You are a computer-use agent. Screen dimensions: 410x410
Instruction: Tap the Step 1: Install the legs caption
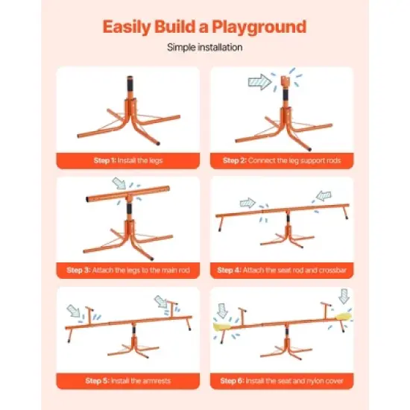[x=128, y=160]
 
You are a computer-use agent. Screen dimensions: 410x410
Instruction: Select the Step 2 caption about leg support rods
[x=282, y=160]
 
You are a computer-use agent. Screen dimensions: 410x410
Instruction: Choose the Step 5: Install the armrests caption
[x=128, y=380]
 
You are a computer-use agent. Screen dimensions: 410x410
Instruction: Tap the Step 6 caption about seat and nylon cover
[x=282, y=380]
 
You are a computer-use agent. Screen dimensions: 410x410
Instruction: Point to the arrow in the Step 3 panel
[x=118, y=183]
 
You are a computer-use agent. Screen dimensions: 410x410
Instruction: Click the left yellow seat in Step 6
[x=227, y=326]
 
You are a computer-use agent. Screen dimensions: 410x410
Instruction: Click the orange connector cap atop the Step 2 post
[x=286, y=81]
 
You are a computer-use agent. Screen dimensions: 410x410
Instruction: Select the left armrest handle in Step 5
[x=89, y=312]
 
